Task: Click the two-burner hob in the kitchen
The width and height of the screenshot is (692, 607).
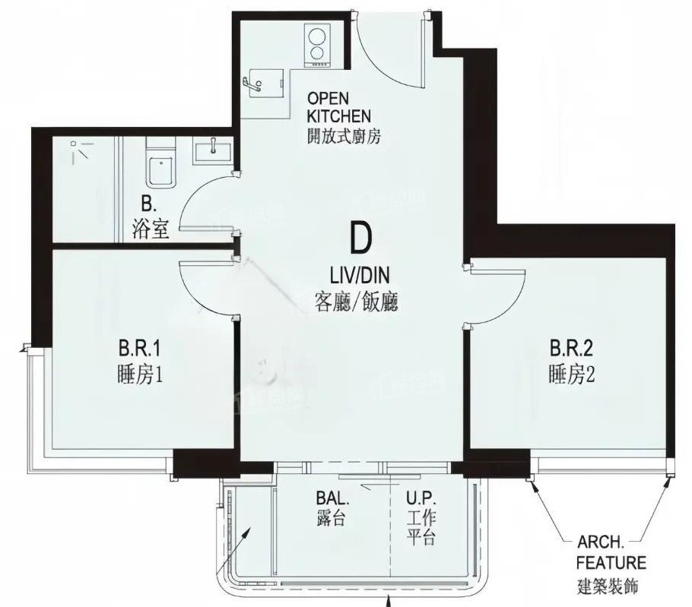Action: (317, 46)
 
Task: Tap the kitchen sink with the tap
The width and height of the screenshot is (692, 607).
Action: (262, 84)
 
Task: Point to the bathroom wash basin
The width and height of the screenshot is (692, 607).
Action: (213, 150)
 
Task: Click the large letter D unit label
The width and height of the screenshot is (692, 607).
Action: (360, 238)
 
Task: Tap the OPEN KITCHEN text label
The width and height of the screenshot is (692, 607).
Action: (339, 107)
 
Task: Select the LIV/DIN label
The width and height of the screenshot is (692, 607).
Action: (360, 276)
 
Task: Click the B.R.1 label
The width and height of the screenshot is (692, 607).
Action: (139, 349)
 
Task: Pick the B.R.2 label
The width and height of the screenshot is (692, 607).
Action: (572, 348)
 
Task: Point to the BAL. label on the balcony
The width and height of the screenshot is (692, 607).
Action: (333, 498)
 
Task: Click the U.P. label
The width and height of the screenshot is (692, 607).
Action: (421, 498)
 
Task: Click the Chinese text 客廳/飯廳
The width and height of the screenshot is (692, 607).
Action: (357, 302)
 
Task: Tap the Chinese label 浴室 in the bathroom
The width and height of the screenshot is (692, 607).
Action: (151, 229)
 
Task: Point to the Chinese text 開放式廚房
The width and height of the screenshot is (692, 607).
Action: (344, 136)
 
